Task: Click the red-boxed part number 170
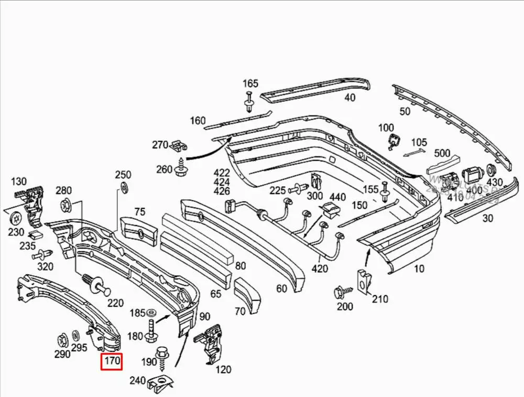112,361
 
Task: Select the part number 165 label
250,83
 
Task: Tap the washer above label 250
124,188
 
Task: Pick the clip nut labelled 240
160,384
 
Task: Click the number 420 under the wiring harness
320,269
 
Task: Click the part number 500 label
442,153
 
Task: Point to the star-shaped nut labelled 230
15,216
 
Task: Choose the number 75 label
139,212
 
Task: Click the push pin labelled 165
250,102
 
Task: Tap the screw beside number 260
181,168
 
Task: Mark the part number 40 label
350,97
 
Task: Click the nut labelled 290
61,340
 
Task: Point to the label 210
380,299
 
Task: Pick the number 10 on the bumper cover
419,269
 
